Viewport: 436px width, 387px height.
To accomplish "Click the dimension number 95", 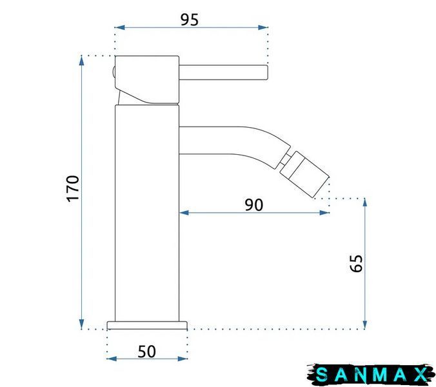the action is pyautogui.click(x=190, y=19).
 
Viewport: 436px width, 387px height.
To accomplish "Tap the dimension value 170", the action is pyautogui.click(x=73, y=188).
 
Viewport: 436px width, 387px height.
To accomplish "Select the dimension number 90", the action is pyautogui.click(x=253, y=205).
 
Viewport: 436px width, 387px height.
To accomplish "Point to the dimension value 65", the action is pyautogui.click(x=356, y=263).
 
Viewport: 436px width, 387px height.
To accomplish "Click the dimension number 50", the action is pyautogui.click(x=147, y=352).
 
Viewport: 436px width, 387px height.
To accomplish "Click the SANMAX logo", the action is pyautogui.click(x=371, y=375).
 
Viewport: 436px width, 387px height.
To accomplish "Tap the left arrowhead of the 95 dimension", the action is pyautogui.click(x=119, y=27).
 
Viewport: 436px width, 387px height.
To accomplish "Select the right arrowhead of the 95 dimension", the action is pyautogui.click(x=263, y=27).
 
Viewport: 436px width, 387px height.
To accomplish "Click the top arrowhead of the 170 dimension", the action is pyautogui.click(x=81, y=61).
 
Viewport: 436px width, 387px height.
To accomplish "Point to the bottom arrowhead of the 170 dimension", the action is pyautogui.click(x=81, y=324).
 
